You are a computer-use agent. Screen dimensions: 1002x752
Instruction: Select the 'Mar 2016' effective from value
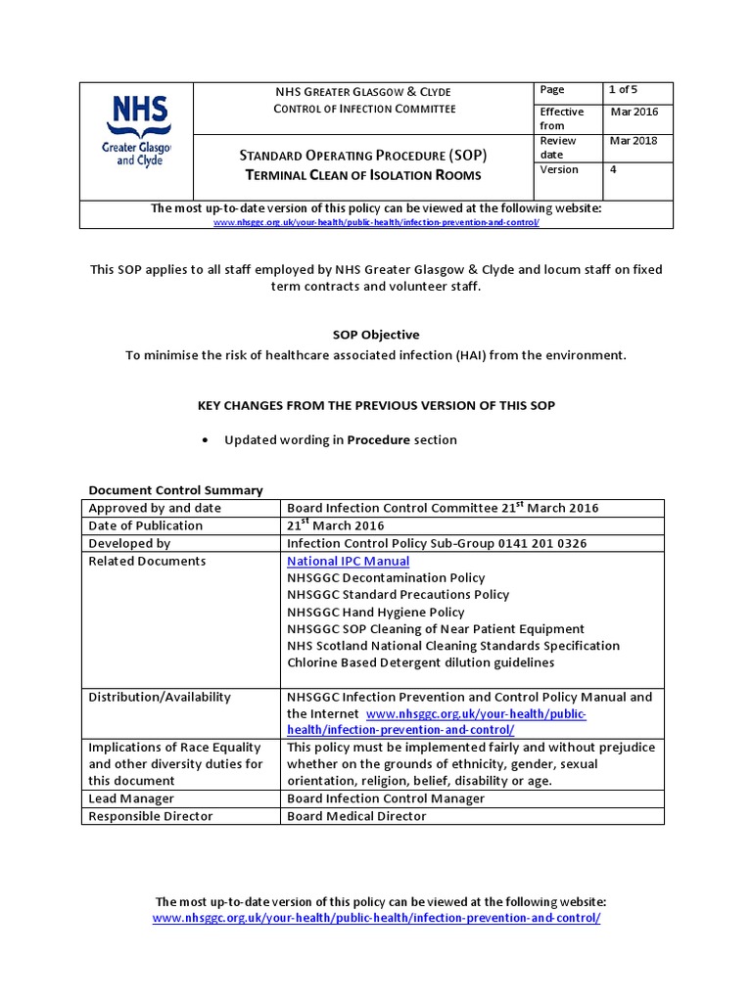pos(634,112)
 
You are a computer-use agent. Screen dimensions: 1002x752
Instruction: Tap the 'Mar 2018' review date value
pos(634,141)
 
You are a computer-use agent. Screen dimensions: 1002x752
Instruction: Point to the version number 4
pos(613,170)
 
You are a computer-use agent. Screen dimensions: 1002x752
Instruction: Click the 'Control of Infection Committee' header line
pos(363,109)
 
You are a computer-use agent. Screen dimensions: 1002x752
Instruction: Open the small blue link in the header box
pos(376,222)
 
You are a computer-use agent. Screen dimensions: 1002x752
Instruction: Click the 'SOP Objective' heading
pos(375,335)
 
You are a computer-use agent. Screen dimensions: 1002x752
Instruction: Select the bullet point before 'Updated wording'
pos(204,440)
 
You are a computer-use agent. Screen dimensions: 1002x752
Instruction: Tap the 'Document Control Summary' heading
pos(175,490)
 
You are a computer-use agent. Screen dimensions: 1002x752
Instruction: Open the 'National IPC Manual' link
pos(348,562)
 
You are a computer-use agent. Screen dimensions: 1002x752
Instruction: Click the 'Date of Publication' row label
pos(145,525)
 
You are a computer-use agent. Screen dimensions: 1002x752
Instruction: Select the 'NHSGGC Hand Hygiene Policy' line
pos(375,612)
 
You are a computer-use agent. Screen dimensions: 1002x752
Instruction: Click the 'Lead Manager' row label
pos(131,798)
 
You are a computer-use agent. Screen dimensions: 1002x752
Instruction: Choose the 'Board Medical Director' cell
pos(356,816)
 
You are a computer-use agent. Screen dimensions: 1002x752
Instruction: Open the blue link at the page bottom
pos(376,919)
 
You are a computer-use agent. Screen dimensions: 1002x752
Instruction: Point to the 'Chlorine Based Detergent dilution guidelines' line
pos(420,662)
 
